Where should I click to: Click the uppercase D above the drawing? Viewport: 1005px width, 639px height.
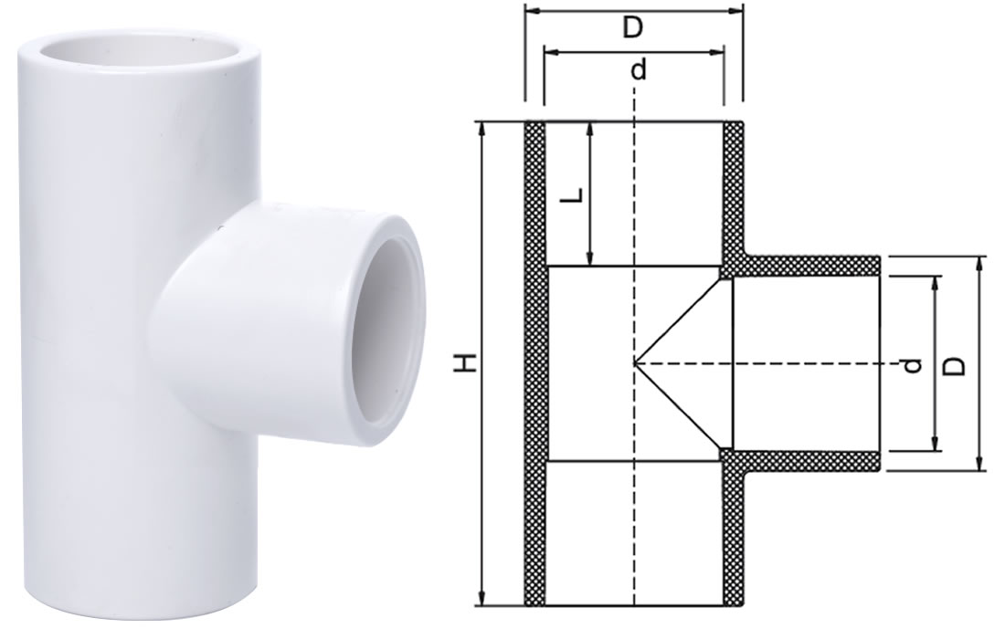point(633,28)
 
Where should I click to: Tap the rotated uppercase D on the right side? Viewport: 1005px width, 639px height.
point(954,364)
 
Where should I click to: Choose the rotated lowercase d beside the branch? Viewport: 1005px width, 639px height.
point(910,365)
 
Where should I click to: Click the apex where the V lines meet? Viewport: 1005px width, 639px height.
point(635,363)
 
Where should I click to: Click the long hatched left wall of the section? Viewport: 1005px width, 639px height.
point(534,365)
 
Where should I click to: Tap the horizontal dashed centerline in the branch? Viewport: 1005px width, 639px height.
point(804,363)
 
